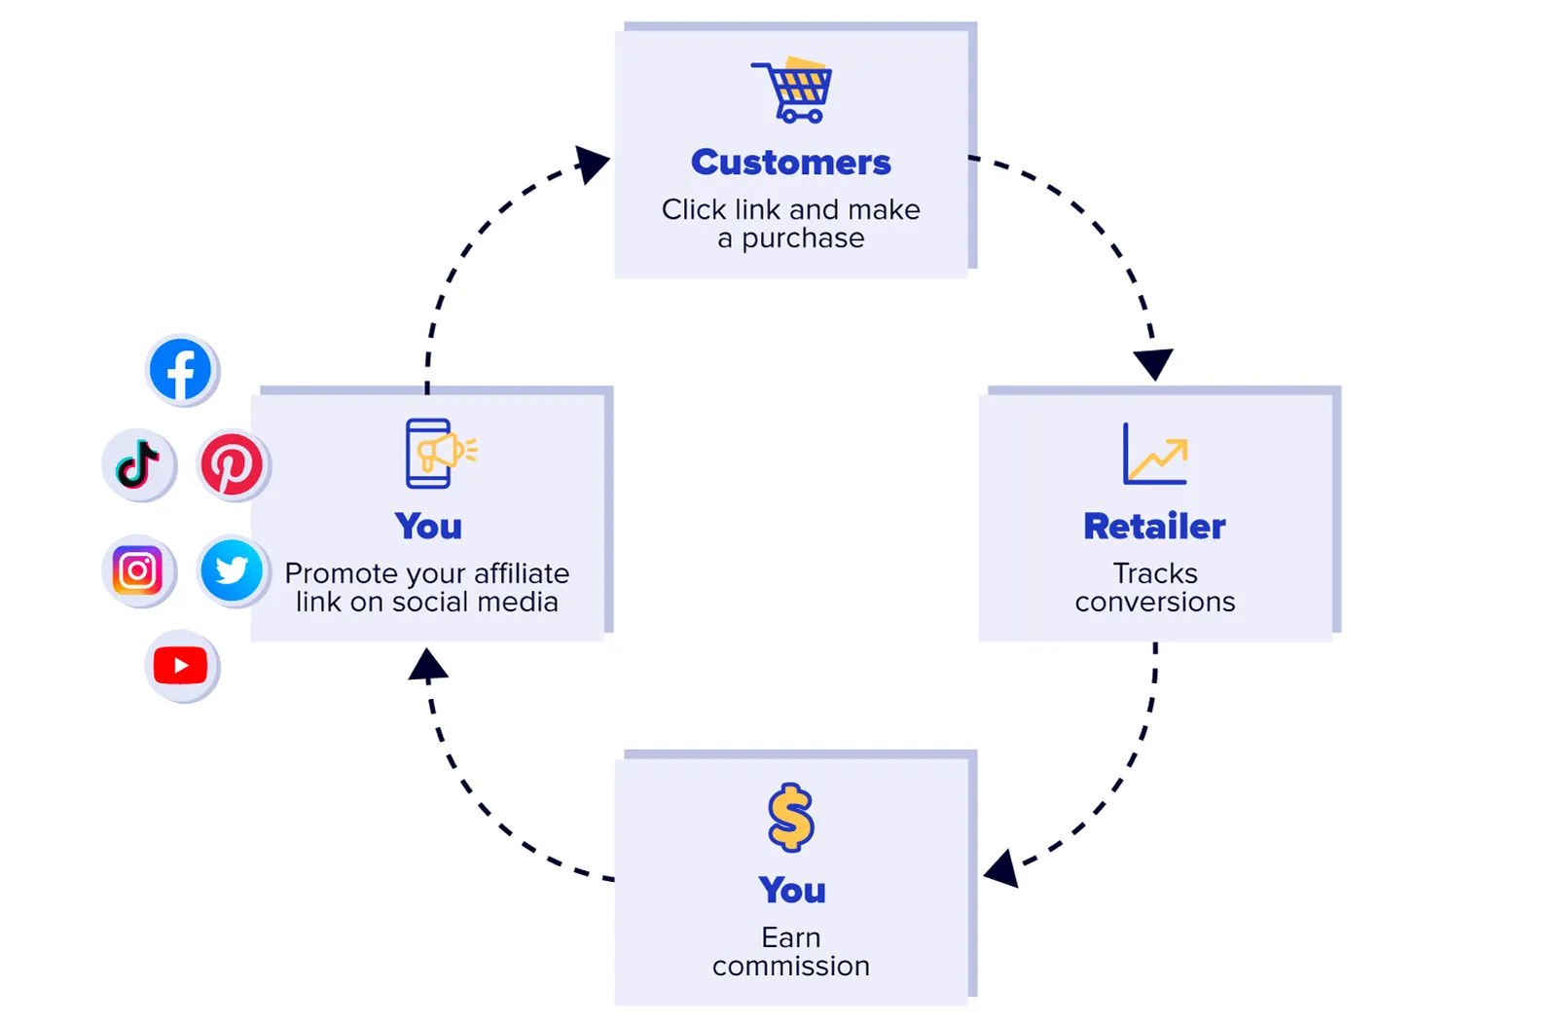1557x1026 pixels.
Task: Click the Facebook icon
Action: coord(181,370)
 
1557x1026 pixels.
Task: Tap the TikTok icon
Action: coord(138,463)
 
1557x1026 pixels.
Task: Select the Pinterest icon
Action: coord(232,464)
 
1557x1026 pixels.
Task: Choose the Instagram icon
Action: coord(137,570)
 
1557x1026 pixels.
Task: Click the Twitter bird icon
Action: coord(232,570)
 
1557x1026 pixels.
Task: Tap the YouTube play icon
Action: coord(181,666)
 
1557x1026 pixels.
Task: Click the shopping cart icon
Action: coord(793,90)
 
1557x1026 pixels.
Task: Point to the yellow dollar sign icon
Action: coord(790,817)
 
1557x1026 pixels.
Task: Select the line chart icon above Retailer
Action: coord(1155,455)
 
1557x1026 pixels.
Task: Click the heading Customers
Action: coord(790,163)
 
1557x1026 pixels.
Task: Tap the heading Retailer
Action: coord(1154,527)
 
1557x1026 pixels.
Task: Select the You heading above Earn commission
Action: coord(792,891)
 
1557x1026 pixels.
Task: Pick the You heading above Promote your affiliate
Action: coord(428,527)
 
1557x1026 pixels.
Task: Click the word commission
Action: coord(790,967)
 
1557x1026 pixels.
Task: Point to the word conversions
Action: coord(1154,603)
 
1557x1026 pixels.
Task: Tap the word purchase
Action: coord(803,239)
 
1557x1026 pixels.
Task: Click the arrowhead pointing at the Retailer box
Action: coord(1153,363)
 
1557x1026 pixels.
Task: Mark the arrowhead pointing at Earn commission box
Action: coord(1003,867)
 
